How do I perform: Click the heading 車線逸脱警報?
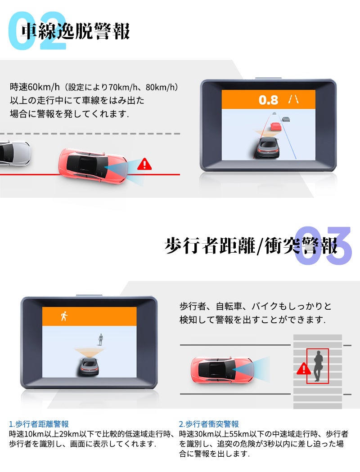(x=76, y=31)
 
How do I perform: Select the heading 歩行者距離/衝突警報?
(x=251, y=245)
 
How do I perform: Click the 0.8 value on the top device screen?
(x=268, y=100)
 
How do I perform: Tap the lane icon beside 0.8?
(x=294, y=99)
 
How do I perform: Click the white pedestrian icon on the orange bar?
(x=64, y=316)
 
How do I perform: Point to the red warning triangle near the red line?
(x=144, y=164)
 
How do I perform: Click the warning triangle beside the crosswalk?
(x=304, y=369)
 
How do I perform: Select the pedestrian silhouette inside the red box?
(x=319, y=366)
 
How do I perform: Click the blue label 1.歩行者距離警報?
(x=39, y=423)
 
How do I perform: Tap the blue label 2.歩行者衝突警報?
(x=209, y=423)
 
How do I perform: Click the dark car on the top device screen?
(x=267, y=147)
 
